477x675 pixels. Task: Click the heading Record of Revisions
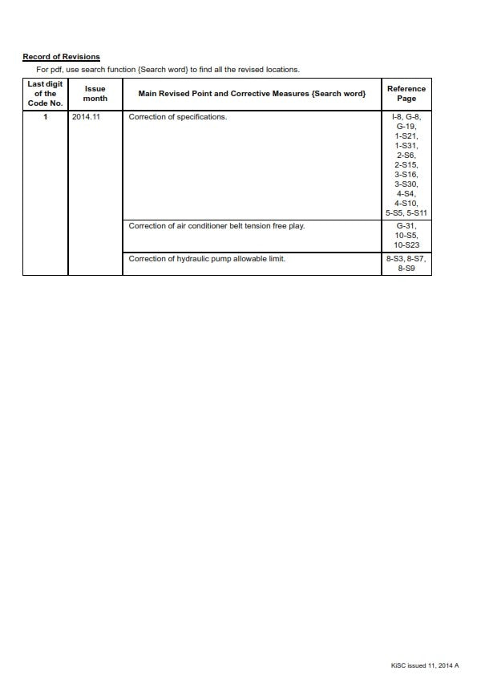[x=61, y=57]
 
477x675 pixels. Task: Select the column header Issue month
[x=95, y=94]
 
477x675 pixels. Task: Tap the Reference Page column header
[x=406, y=94]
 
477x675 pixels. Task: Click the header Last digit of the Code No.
[x=45, y=94]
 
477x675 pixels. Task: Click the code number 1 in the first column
[x=46, y=117]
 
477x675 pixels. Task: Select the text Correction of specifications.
[x=178, y=117]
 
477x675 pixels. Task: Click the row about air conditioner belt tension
[x=216, y=226]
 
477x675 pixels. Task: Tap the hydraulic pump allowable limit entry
[x=207, y=259]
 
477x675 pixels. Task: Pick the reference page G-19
[x=406, y=127]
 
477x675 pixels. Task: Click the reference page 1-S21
[x=406, y=136]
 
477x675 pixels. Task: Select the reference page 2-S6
[x=406, y=156]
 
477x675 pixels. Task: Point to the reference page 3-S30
[x=406, y=184]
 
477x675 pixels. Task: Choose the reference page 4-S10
[x=406, y=204]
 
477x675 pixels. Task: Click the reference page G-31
[x=406, y=226]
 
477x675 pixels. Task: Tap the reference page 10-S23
[x=406, y=245]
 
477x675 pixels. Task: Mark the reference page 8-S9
[x=406, y=269]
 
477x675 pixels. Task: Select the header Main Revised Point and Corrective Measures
[x=252, y=94]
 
